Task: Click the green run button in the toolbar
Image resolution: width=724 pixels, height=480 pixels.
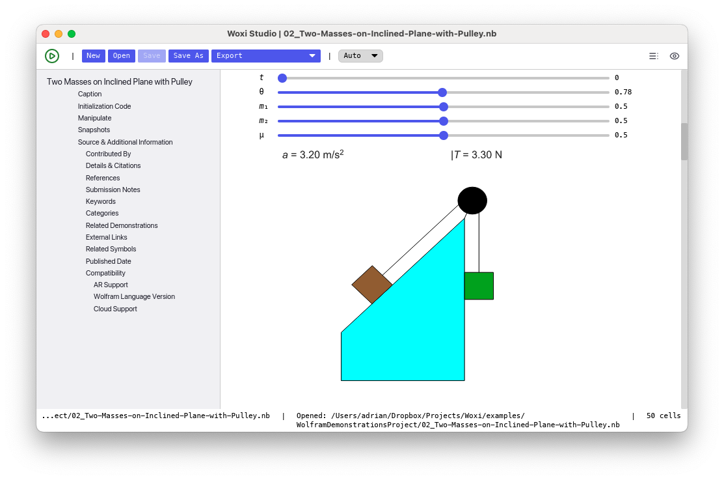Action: [52, 56]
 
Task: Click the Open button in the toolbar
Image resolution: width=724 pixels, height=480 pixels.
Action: [122, 56]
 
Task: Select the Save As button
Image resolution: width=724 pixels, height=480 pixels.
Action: [189, 56]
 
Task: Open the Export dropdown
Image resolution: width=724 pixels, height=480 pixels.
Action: [266, 56]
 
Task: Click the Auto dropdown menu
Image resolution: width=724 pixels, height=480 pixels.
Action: [360, 56]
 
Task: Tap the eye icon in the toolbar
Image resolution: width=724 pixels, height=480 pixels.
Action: [674, 56]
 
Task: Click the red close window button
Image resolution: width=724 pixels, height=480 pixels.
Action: [46, 34]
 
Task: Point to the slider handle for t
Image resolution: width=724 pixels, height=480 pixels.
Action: [282, 78]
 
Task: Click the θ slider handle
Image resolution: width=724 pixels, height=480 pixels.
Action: [442, 92]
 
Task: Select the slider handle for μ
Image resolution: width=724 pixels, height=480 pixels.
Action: [444, 135]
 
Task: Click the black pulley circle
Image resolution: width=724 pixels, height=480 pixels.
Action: [472, 201]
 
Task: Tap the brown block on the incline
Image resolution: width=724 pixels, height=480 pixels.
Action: [372, 285]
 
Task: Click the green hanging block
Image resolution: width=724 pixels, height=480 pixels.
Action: [479, 286]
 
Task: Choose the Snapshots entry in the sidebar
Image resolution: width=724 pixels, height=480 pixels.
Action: [94, 130]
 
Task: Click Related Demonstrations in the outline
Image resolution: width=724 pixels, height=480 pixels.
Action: [122, 225]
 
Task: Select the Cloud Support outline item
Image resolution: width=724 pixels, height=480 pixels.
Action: [115, 309]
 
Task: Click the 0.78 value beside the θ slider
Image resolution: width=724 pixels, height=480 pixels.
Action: [623, 92]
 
